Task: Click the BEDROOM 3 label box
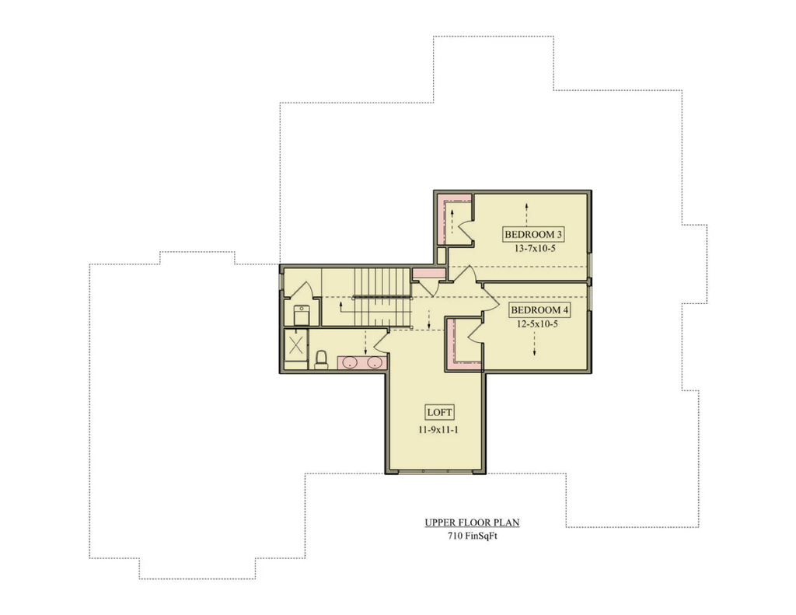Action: (x=533, y=235)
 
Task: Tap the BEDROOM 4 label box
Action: (x=539, y=309)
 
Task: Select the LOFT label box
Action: (x=440, y=412)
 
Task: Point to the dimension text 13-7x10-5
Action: (x=535, y=249)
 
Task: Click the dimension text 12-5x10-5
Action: (x=537, y=324)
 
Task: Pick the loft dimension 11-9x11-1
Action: (x=438, y=430)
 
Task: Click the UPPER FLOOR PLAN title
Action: (x=472, y=522)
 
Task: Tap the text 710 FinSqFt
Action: (x=472, y=536)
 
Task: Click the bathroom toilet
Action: (x=321, y=359)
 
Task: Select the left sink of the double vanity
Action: (x=350, y=362)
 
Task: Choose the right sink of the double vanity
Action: (x=375, y=362)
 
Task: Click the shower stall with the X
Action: (x=295, y=345)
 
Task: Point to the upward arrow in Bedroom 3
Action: (x=527, y=215)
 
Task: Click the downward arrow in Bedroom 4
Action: (x=535, y=344)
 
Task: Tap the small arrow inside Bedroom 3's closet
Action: (x=452, y=222)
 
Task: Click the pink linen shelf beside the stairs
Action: (x=428, y=273)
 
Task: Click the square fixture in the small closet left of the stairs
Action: (x=302, y=316)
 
